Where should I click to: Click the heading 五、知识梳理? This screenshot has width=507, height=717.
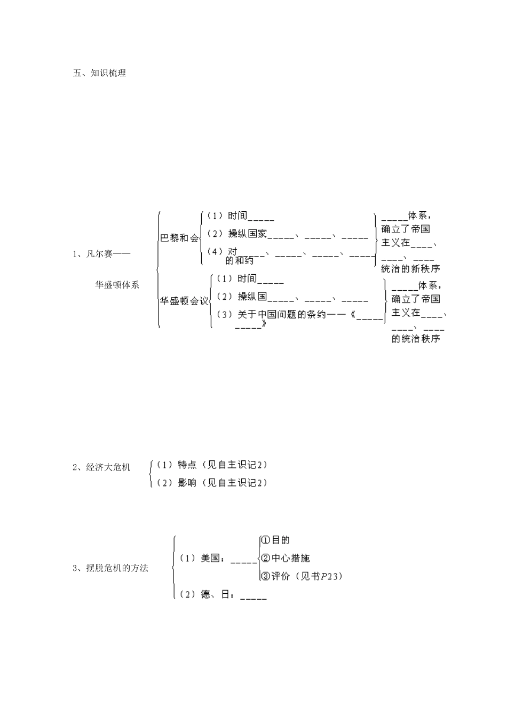click(x=99, y=73)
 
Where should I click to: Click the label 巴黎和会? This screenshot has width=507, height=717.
click(x=179, y=238)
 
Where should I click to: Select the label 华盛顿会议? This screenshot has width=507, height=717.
click(x=184, y=301)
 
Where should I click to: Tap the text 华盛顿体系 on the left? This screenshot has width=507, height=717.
click(x=117, y=284)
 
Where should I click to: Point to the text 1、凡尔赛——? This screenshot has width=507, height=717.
click(x=101, y=254)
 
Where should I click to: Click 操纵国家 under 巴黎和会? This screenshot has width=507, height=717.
click(x=247, y=234)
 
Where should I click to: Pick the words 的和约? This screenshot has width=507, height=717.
click(x=240, y=260)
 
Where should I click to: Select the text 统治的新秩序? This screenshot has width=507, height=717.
click(x=410, y=269)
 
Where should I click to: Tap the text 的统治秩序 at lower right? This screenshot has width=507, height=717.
click(x=416, y=339)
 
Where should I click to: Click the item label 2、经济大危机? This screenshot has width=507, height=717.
click(x=101, y=467)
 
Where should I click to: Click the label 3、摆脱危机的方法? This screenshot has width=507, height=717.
click(x=110, y=568)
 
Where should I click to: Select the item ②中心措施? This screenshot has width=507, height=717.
click(x=284, y=558)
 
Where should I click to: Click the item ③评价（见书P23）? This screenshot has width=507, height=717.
click(x=301, y=576)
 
